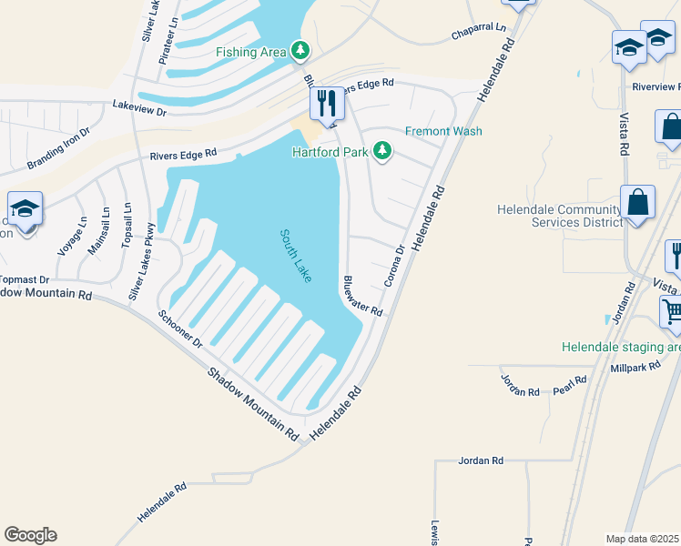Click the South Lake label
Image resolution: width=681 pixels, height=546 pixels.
[295, 256]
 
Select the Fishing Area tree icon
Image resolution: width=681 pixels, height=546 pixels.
[300, 51]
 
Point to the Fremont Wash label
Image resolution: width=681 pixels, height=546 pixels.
[443, 131]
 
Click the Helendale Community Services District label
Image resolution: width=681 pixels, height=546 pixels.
[559, 216]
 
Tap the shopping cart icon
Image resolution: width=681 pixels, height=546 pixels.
[672, 312]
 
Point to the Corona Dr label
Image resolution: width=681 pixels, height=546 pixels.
[393, 266]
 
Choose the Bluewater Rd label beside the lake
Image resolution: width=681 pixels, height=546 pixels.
[362, 296]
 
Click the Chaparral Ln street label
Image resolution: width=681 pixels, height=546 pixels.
[478, 32]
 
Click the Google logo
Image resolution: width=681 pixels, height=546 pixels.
[30, 535]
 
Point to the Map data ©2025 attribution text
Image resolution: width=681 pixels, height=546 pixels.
[642, 538]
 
